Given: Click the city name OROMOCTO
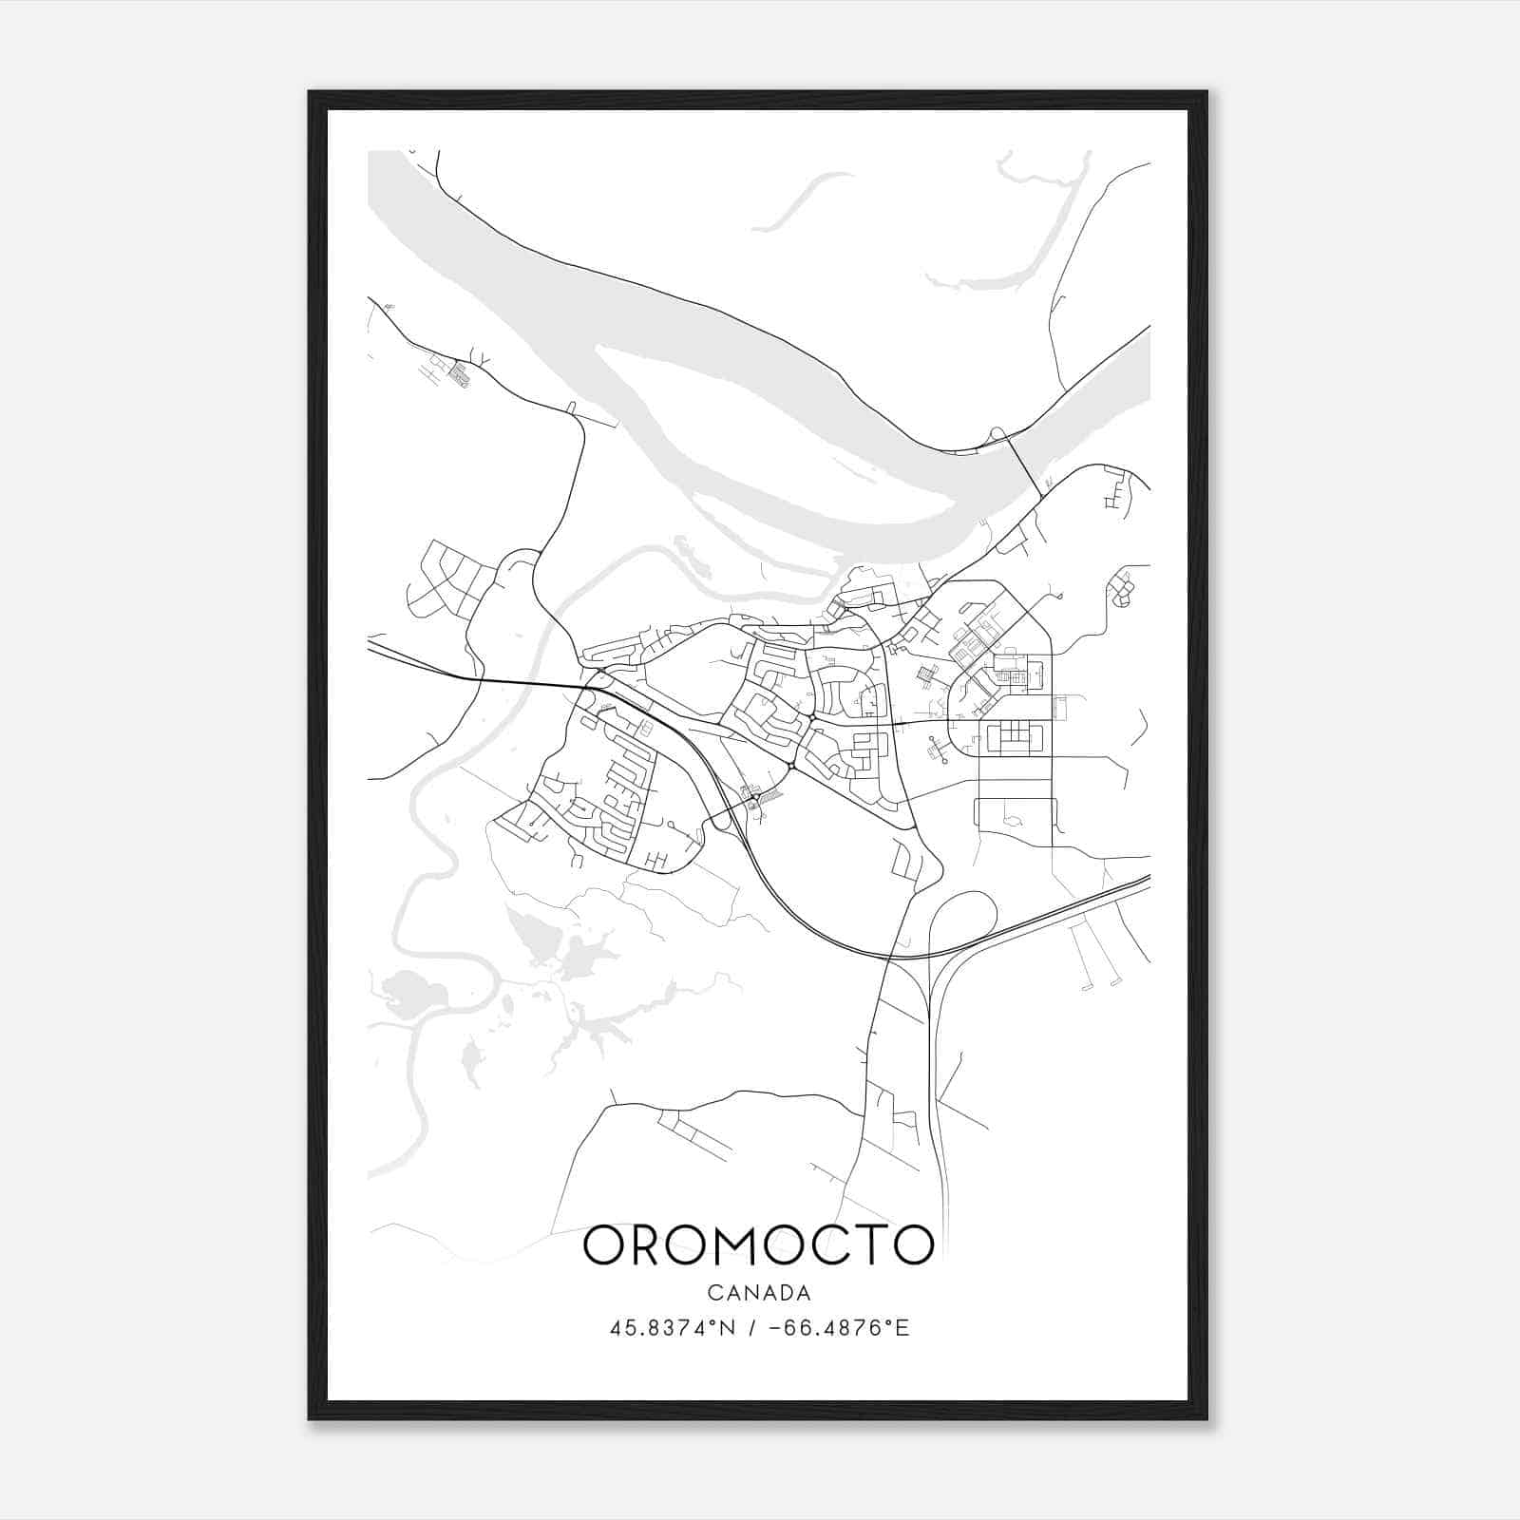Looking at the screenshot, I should pyautogui.click(x=758, y=1244).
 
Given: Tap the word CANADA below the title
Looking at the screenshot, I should pyautogui.click(x=759, y=1293).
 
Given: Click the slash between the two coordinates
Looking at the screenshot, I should pyautogui.click(x=751, y=1328).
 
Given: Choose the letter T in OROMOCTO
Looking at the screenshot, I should pyautogui.click(x=876, y=1244).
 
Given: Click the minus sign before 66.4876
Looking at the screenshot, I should pyautogui.click(x=773, y=1328).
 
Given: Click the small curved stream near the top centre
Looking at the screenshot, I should pyautogui.click(x=803, y=199).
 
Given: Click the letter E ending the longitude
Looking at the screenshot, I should pyautogui.click(x=902, y=1328).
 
